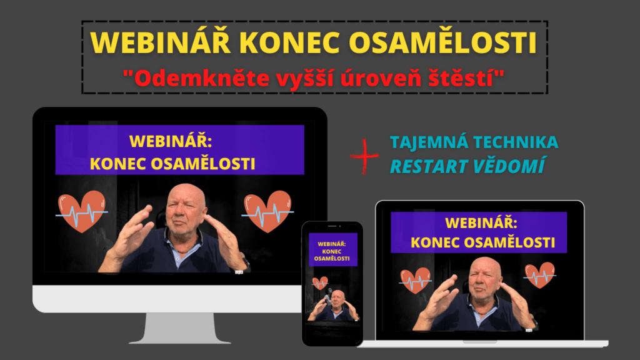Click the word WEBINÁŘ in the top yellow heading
click(x=161, y=42)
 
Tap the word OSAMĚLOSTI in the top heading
click(x=443, y=42)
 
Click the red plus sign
click(x=364, y=156)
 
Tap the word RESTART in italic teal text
click(x=429, y=166)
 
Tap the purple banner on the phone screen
click(x=332, y=249)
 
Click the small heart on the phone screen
click(x=320, y=283)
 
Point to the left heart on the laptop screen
click(x=415, y=281)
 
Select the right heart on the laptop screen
click(x=540, y=275)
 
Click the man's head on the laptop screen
click(x=485, y=278)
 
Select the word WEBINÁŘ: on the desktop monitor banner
click(x=171, y=141)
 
